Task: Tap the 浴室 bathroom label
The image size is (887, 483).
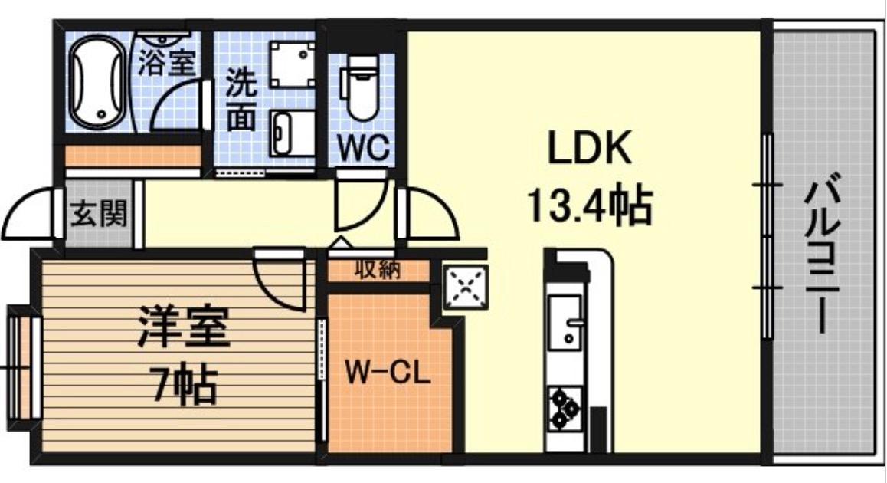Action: [165, 61]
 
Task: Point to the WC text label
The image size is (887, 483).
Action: [362, 146]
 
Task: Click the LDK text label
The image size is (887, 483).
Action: [588, 149]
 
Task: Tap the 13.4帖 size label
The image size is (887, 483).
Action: [588, 205]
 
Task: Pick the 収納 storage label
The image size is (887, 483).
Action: [376, 271]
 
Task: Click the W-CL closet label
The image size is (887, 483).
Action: [387, 375]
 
